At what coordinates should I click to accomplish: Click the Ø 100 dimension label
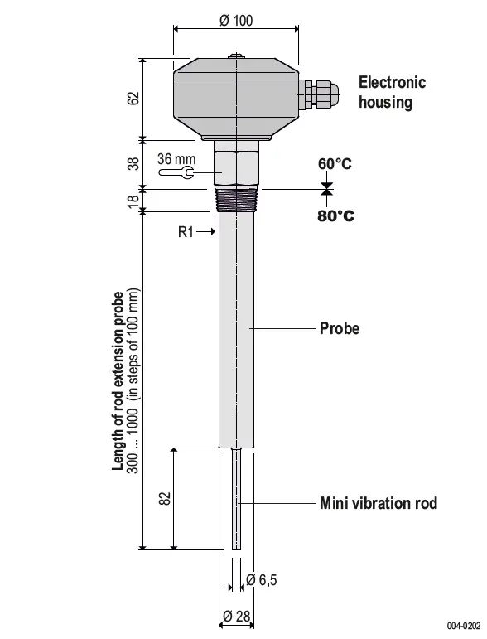(x=236, y=21)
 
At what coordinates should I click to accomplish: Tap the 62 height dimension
(x=133, y=98)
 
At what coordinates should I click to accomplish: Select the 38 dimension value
(x=133, y=164)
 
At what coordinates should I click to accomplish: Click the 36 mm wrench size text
(x=176, y=158)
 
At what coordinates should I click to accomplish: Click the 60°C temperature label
(x=335, y=164)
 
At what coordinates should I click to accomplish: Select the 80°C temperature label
(x=335, y=216)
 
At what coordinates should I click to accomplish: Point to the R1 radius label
(x=186, y=232)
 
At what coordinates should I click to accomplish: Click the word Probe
(x=340, y=329)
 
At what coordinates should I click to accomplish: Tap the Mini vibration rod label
(x=378, y=503)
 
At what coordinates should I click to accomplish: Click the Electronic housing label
(x=391, y=92)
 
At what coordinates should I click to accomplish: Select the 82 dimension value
(x=163, y=498)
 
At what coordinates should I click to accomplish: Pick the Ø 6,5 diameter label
(x=261, y=581)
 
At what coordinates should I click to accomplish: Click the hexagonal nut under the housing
(x=237, y=166)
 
